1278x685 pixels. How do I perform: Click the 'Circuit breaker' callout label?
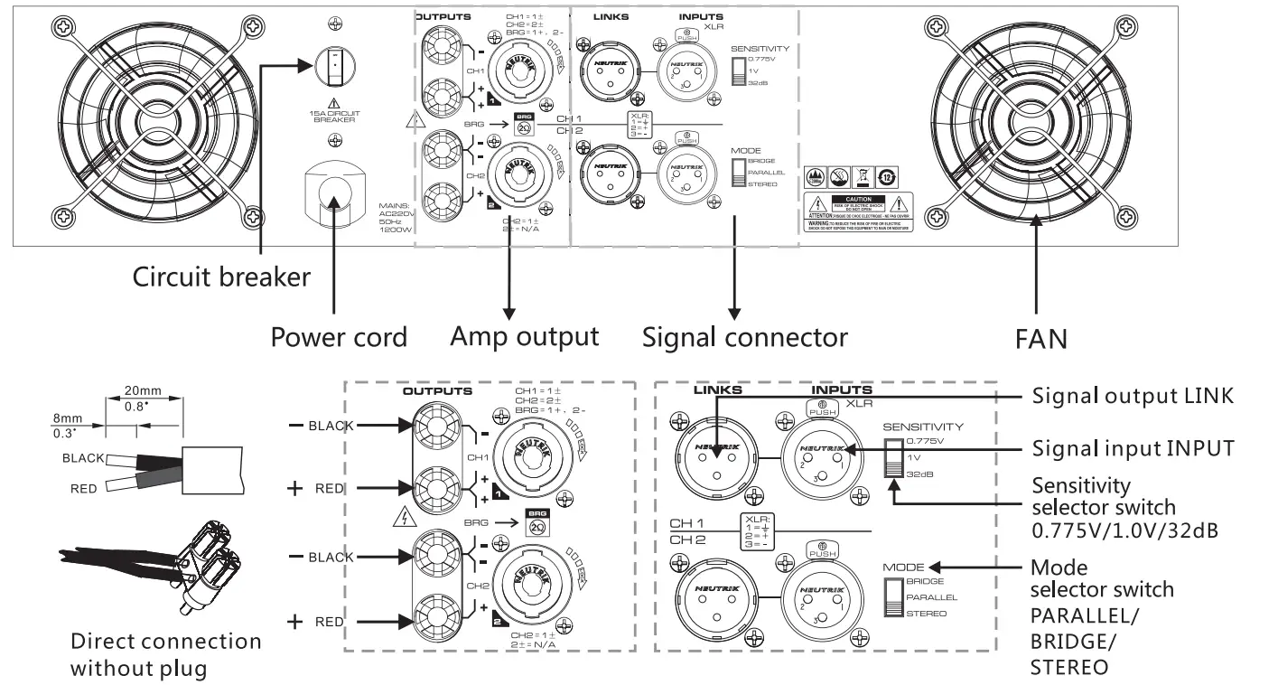point(221,277)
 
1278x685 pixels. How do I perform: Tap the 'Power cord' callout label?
point(339,337)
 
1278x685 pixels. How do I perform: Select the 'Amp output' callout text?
point(524,336)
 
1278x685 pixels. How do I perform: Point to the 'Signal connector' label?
point(744,337)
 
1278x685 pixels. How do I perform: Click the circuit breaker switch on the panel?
point(334,66)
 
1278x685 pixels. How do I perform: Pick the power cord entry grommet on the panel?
point(334,194)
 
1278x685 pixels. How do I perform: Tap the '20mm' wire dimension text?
point(143,391)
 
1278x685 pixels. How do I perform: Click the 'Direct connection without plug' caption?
point(165,655)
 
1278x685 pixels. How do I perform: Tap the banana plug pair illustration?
point(154,565)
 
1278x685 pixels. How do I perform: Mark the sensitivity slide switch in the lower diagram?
point(894,459)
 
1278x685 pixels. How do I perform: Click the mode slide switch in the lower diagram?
point(894,597)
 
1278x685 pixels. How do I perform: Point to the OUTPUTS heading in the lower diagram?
point(437,392)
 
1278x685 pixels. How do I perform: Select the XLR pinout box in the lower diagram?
point(757,532)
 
